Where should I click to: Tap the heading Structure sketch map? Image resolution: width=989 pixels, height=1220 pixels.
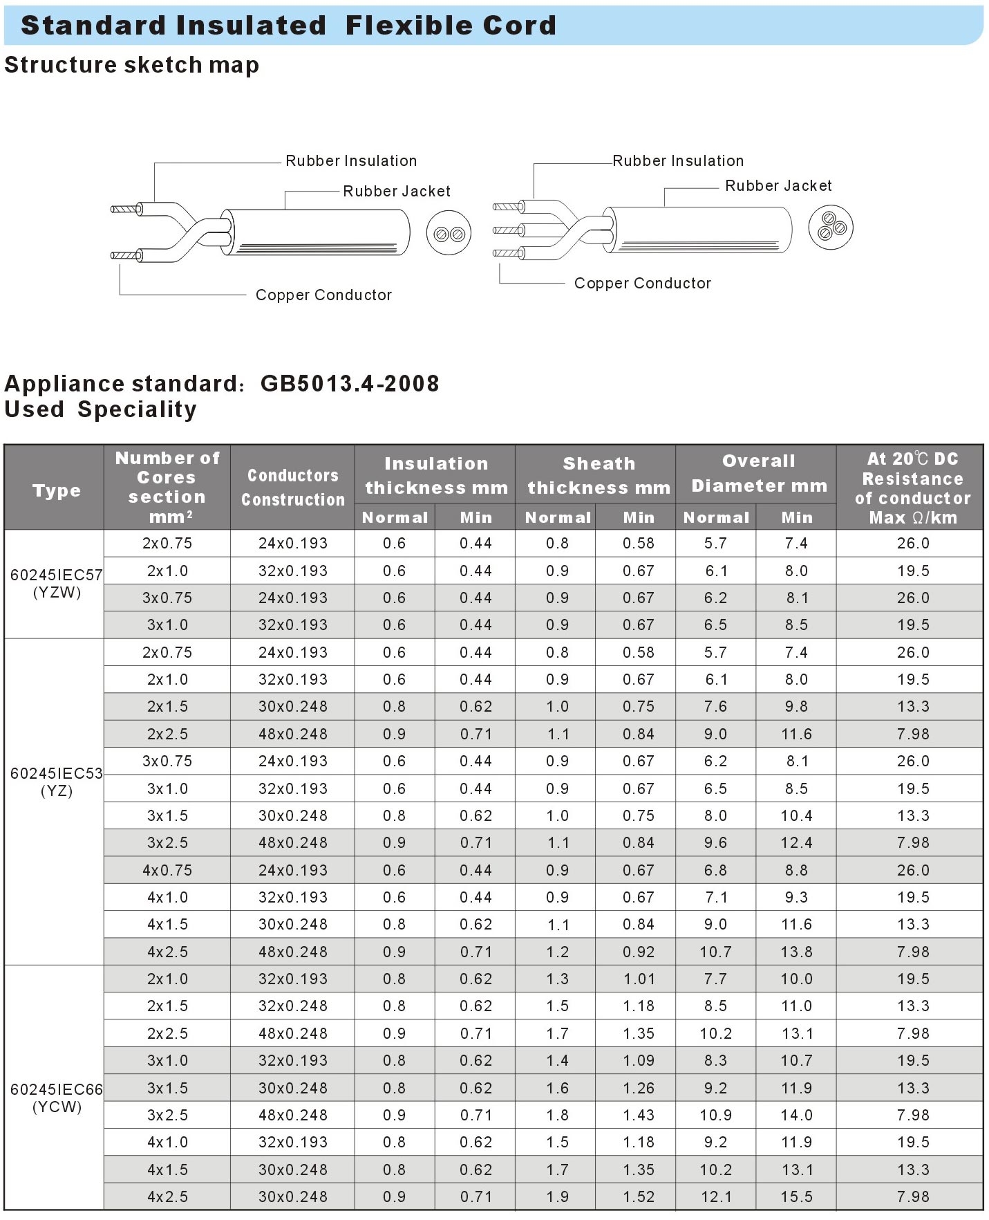point(131,65)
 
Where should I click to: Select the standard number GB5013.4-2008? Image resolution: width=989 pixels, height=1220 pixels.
point(350,384)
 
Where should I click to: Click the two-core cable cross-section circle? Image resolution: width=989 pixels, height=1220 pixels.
point(449,234)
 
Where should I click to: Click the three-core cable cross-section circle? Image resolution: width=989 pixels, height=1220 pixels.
point(831,227)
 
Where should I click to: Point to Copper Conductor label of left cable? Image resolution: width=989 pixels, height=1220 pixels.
point(323,295)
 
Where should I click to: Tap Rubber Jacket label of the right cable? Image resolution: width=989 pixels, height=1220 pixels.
point(778,186)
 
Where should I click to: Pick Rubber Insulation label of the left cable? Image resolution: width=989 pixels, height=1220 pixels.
point(351,161)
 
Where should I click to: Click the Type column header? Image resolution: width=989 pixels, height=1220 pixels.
point(56,491)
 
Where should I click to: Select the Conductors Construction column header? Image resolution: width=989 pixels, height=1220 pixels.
point(292,488)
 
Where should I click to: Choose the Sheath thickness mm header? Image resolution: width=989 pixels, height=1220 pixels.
point(599,476)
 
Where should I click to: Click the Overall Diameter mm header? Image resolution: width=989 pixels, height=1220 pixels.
point(759,474)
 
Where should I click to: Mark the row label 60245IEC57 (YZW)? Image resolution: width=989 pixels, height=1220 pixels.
point(56,584)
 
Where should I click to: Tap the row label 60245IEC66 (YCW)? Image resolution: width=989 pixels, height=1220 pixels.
point(56,1098)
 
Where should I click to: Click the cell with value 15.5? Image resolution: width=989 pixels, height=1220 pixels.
point(796,1197)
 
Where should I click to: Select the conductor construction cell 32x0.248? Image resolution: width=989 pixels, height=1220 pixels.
point(292,1006)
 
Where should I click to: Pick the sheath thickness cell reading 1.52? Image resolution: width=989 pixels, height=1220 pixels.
point(638,1197)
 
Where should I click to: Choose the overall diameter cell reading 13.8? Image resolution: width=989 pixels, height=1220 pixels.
point(796,952)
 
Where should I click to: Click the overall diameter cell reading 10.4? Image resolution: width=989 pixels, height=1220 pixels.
point(796,816)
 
